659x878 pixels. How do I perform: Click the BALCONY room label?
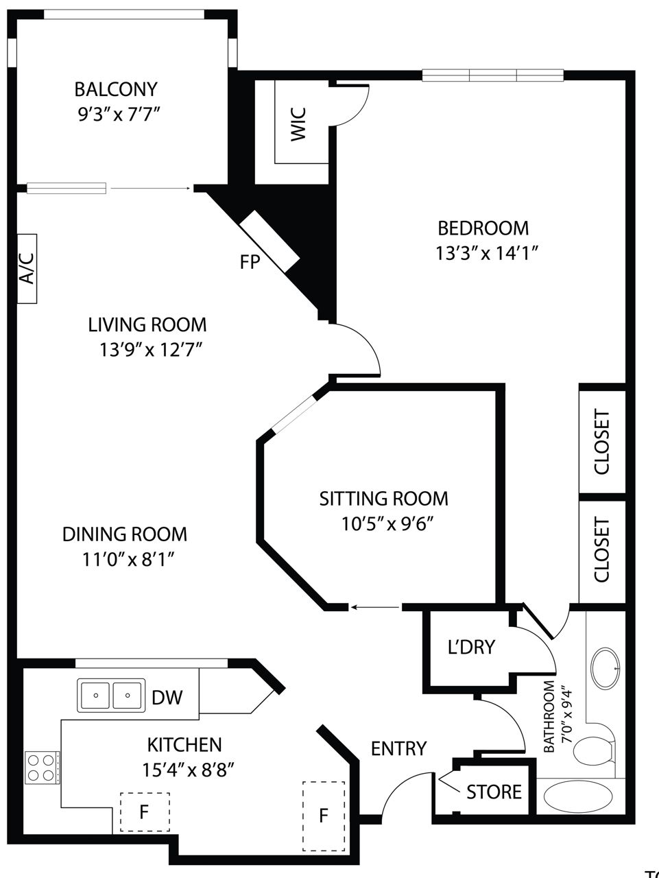pos(116,89)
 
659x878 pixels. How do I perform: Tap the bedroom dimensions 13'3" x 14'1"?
pos(487,253)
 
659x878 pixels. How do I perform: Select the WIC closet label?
pos(299,124)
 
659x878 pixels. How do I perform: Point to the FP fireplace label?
pos(250,262)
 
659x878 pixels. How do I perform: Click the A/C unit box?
pos(27,268)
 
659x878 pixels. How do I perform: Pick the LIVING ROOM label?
pos(147,324)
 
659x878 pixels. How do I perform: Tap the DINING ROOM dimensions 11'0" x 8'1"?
pos(128,560)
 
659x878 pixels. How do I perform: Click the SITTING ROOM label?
pos(384,499)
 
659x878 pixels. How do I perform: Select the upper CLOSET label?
pos(602,442)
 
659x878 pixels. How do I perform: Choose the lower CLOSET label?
pos(602,549)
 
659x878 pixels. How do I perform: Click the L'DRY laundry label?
pos(472,647)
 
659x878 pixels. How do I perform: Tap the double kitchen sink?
pos(111,696)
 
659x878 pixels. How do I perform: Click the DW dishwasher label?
pos(167,698)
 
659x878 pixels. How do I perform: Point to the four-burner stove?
pos(43,767)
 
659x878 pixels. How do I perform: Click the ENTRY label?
pos(398,748)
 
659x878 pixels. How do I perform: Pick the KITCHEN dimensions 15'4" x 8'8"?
pos(188,769)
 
